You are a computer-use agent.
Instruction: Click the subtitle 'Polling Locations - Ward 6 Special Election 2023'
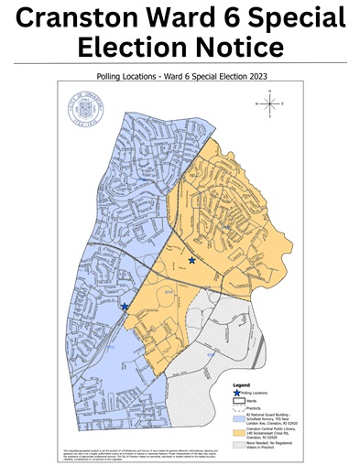pos(180,78)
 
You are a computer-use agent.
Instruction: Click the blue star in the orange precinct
pos(191,261)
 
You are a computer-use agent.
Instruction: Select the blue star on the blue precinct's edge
pos(125,308)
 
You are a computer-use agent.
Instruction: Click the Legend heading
pos(241,385)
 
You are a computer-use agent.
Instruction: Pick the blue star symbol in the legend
pos(235,392)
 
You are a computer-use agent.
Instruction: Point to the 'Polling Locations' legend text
pos(256,392)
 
